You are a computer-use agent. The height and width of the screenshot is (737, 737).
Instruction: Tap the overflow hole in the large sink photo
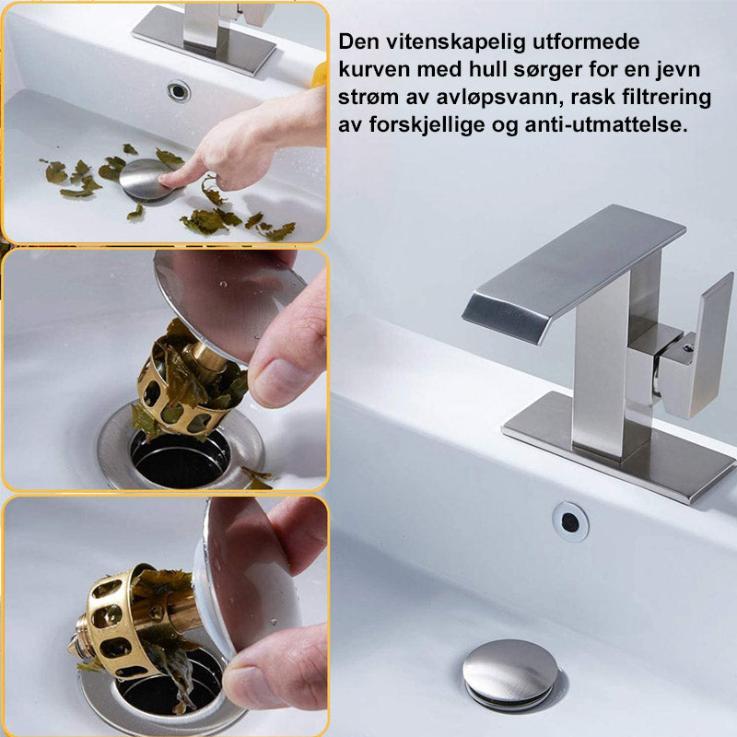click(570, 521)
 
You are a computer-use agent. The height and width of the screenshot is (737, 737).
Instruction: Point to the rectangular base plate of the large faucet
click(619, 449)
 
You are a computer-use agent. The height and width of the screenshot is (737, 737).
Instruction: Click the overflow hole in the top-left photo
click(179, 90)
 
